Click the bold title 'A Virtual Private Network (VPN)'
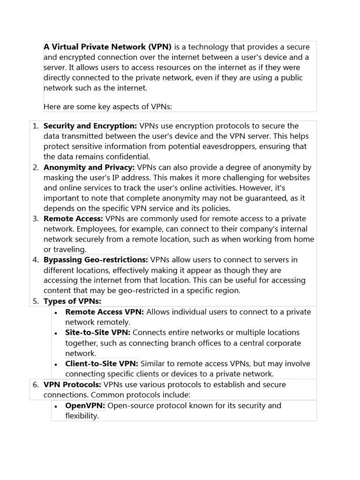108,47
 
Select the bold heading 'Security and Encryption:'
90,126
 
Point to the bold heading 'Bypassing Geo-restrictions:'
96,260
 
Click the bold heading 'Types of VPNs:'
72,301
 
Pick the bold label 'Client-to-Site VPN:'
102,363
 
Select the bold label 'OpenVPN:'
85,405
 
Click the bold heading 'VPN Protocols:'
72,384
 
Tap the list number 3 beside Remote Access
36,219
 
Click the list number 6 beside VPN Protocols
36,385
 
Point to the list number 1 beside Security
36,126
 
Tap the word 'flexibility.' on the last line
82,415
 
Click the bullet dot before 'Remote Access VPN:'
56,313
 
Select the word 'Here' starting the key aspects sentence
52,106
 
